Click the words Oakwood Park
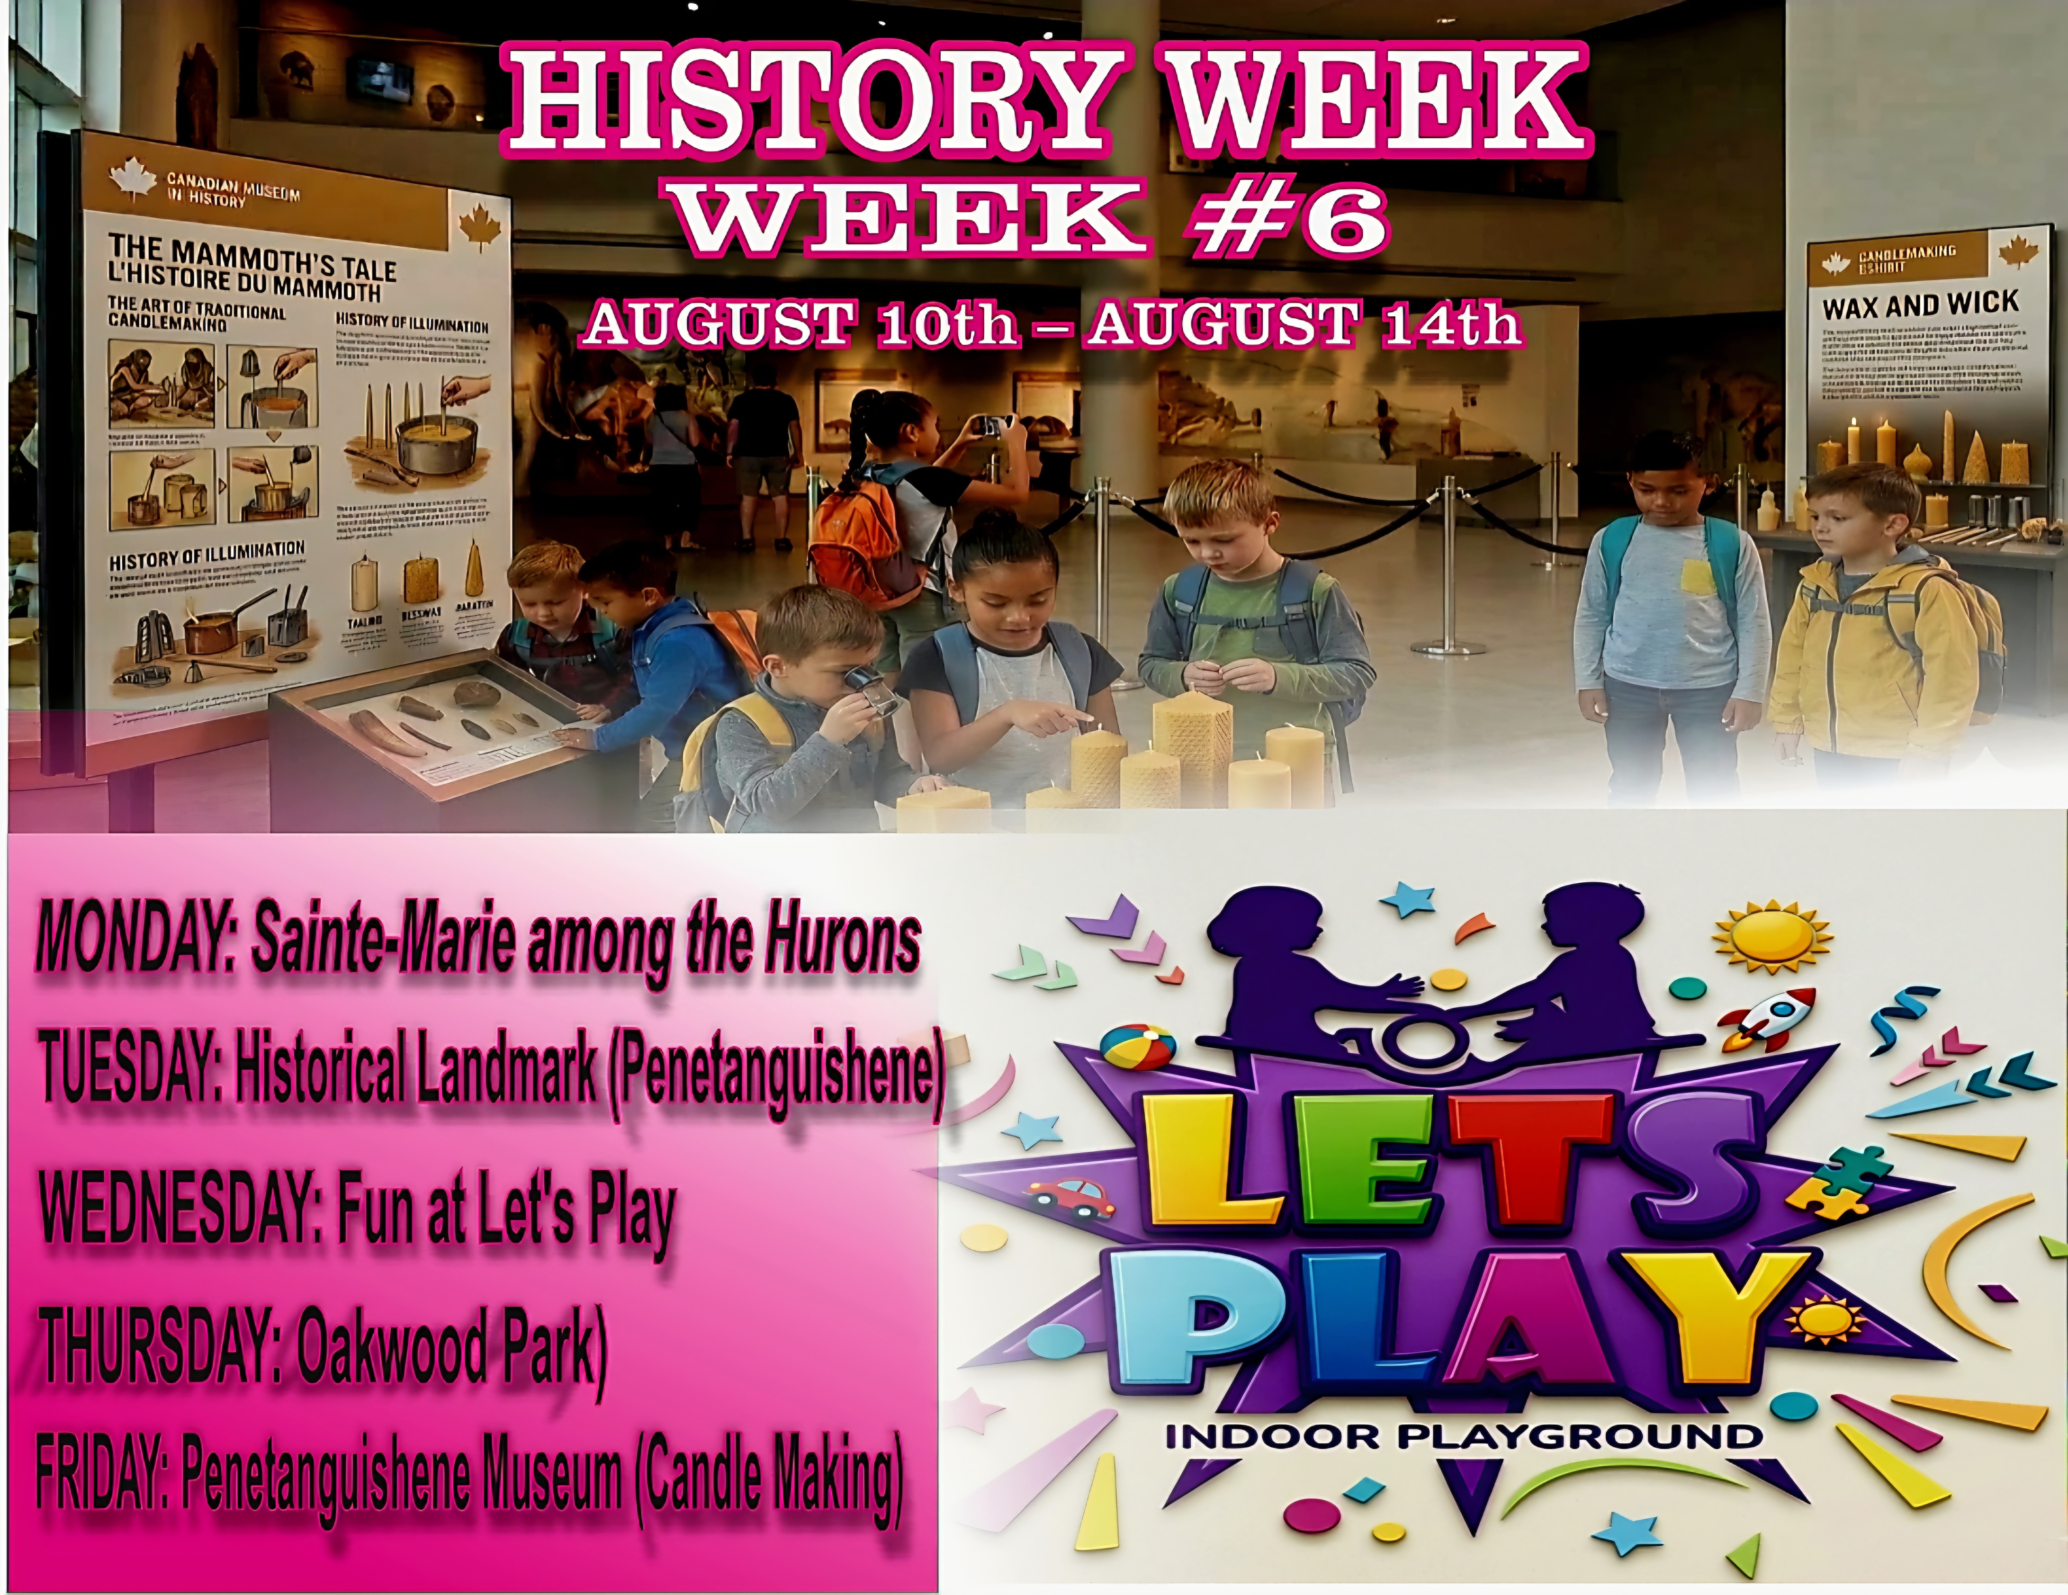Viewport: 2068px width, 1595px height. click(450, 1344)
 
